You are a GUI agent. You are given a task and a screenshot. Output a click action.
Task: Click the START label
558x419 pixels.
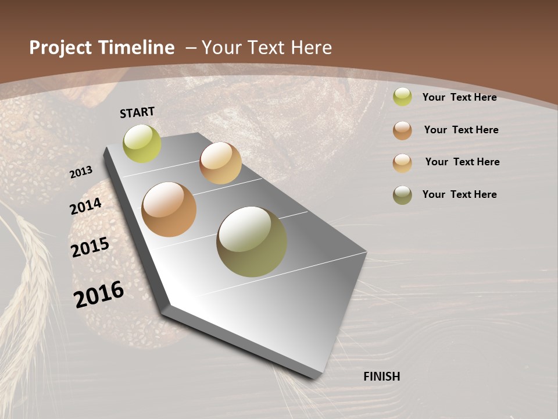137,112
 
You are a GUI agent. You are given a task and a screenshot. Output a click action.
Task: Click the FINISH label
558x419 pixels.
381,377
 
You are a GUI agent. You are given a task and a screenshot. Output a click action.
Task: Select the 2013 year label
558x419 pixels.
81,172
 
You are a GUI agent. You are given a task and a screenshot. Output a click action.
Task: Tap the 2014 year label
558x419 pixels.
86,207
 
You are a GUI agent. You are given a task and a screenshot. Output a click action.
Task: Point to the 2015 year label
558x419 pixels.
90,247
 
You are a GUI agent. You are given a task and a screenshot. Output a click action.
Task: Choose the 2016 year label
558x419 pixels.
99,294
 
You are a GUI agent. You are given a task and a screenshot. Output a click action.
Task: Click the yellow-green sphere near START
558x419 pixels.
142,144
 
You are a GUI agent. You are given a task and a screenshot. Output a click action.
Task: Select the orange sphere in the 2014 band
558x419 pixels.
169,210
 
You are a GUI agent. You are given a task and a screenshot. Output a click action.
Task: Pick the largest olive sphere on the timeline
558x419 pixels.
252,242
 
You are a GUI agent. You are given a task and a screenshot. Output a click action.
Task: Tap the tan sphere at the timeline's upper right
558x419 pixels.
220,163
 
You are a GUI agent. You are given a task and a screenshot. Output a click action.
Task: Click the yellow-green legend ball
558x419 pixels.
402,97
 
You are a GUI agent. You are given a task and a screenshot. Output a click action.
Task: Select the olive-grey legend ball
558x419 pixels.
402,195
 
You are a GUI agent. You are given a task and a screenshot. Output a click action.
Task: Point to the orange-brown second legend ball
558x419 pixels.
402,130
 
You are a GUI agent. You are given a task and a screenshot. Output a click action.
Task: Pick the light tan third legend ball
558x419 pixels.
402,162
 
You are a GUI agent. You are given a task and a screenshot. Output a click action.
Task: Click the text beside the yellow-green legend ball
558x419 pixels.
459,97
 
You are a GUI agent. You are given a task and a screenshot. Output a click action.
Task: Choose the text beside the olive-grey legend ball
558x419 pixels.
459,194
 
